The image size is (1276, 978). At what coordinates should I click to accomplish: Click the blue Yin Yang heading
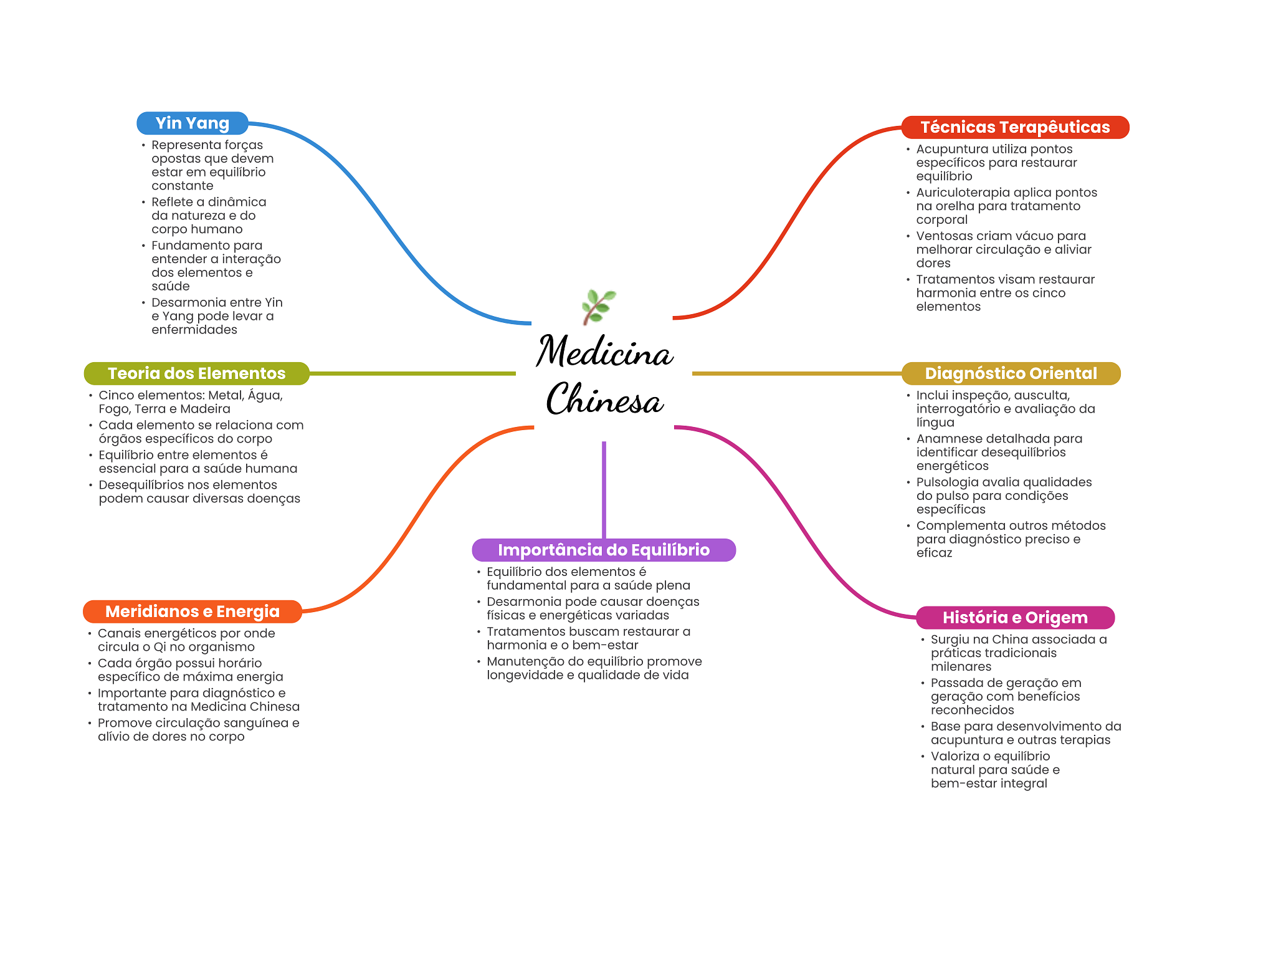pyautogui.click(x=193, y=123)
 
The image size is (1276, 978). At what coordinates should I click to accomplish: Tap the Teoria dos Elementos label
pyautogui.click(x=197, y=373)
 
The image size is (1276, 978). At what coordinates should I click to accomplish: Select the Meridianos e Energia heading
pyautogui.click(x=193, y=611)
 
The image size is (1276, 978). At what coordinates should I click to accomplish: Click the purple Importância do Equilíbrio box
pyautogui.click(x=604, y=550)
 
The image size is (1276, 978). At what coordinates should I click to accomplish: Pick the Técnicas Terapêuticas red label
pyautogui.click(x=1015, y=127)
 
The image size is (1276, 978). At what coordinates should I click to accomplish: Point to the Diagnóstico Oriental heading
pyautogui.click(x=1011, y=373)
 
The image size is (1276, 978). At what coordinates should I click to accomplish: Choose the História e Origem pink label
pyautogui.click(x=1015, y=618)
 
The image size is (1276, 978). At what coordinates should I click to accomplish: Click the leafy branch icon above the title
pyautogui.click(x=599, y=307)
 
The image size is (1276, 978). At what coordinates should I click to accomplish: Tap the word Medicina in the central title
pyautogui.click(x=604, y=351)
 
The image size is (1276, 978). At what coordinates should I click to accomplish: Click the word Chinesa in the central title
pyautogui.click(x=604, y=399)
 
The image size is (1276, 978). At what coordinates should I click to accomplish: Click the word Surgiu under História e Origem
pyautogui.click(x=950, y=640)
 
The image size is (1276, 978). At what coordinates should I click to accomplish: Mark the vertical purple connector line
pyautogui.click(x=604, y=490)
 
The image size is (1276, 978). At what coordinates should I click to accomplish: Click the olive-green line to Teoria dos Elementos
pyautogui.click(x=412, y=373)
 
